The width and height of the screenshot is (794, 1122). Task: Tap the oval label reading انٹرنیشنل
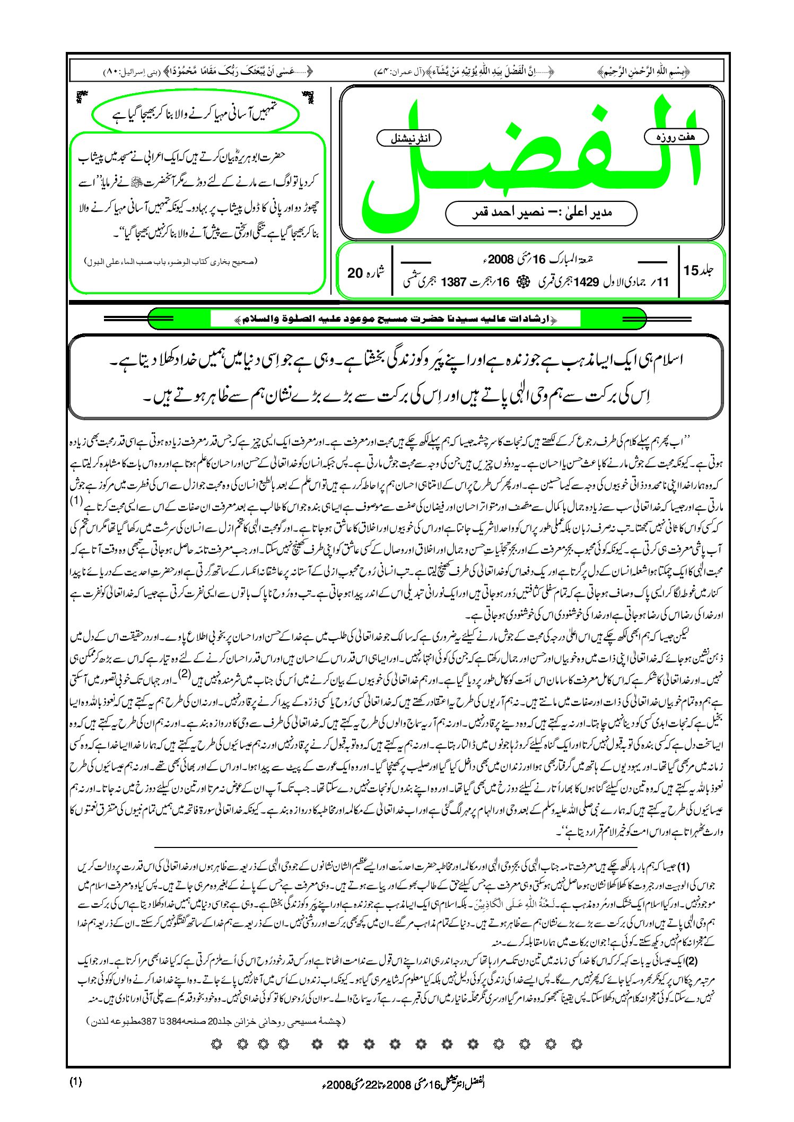tap(408, 139)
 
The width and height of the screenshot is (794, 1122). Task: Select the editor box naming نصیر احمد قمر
tap(541, 213)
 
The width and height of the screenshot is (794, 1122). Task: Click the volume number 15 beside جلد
tap(691, 270)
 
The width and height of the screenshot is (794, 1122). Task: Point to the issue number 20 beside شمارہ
tap(355, 273)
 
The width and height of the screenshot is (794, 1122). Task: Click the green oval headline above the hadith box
tap(195, 113)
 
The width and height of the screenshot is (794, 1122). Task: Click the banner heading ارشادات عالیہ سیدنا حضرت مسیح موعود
tap(395, 319)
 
